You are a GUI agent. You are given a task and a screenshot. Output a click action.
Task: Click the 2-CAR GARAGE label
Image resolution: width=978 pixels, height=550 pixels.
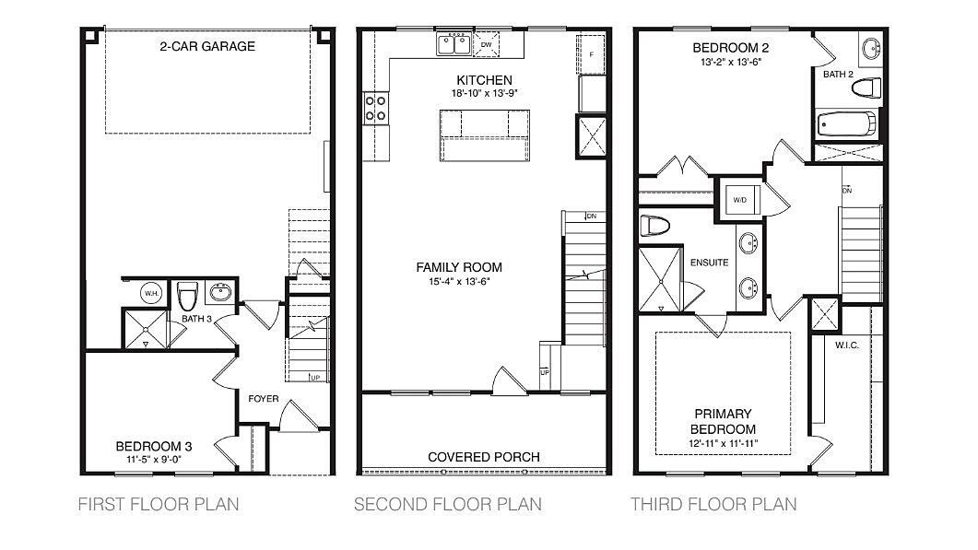(x=207, y=46)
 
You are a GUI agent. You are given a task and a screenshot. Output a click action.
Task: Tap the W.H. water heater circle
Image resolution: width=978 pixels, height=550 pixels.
(x=151, y=293)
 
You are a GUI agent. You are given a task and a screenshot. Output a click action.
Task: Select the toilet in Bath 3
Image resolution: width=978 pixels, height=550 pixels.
(x=187, y=296)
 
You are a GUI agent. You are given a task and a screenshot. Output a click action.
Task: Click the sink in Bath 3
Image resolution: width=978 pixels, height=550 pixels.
(x=220, y=291)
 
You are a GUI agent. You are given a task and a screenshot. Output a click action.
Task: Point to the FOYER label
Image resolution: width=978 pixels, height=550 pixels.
(x=264, y=399)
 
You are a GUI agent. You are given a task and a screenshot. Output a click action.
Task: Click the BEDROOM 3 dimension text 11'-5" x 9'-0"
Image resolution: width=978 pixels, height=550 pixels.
(x=153, y=461)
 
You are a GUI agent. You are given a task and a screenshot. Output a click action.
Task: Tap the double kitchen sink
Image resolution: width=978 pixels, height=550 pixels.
(x=454, y=45)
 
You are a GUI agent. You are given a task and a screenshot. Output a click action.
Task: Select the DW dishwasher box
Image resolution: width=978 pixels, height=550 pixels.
(x=486, y=45)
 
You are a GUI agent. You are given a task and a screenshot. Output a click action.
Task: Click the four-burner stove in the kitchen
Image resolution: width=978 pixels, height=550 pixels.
(x=376, y=108)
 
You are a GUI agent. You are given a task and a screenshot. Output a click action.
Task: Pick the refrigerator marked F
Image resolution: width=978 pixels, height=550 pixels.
(x=591, y=54)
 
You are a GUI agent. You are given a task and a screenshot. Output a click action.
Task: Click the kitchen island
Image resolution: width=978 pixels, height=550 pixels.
(x=485, y=135)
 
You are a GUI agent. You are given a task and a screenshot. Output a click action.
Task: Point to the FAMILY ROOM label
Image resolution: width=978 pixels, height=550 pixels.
(x=459, y=267)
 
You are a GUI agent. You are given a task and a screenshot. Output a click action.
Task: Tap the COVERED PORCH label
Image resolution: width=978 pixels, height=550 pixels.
(x=483, y=456)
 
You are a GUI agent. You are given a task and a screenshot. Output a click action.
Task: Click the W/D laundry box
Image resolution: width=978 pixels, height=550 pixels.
(x=741, y=200)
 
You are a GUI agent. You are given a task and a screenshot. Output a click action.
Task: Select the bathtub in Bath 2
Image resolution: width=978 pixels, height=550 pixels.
(x=846, y=124)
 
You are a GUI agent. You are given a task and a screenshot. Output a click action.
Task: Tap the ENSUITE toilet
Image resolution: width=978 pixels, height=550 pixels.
(x=654, y=225)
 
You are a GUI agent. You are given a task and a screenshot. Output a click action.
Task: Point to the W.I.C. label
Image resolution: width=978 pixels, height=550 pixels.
(x=847, y=345)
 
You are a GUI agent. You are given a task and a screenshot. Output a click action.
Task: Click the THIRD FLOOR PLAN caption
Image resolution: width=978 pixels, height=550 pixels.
(x=713, y=504)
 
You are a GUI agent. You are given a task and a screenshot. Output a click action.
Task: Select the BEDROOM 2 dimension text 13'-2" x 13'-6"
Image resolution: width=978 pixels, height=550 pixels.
(x=730, y=62)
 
